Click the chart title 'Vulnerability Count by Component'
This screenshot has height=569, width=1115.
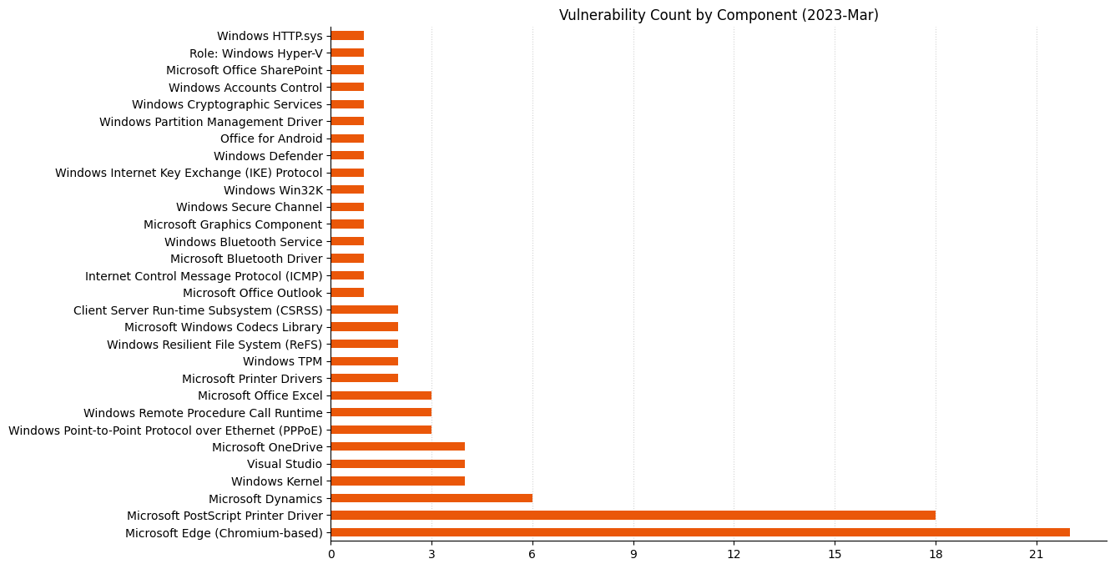pyautogui.click(x=718, y=15)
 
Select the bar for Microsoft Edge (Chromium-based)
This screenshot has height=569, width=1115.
pyautogui.click(x=699, y=532)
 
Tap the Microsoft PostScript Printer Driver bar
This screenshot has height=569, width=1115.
pyautogui.click(x=633, y=515)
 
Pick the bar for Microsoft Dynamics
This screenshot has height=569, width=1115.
pyautogui.click(x=431, y=498)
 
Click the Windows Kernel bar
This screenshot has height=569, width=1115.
pyautogui.click(x=397, y=481)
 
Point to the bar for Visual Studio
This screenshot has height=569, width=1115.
pyautogui.click(x=397, y=464)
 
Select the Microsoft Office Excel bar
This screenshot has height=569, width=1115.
pyautogui.click(x=381, y=395)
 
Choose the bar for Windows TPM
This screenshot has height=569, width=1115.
pyautogui.click(x=364, y=361)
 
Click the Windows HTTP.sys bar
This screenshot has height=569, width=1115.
pyautogui.click(x=347, y=36)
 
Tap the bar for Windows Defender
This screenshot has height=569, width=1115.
pyautogui.click(x=347, y=156)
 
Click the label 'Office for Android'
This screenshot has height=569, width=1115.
pyautogui.click(x=271, y=138)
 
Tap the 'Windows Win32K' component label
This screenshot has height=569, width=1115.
pyautogui.click(x=273, y=190)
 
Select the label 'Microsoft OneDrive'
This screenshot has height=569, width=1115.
pyautogui.click(x=267, y=447)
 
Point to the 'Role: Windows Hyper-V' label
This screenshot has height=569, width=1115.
pyautogui.click(x=255, y=53)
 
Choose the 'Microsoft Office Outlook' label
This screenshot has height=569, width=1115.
pyautogui.click(x=252, y=293)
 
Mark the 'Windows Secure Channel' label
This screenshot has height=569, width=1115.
pyautogui.click(x=249, y=207)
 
